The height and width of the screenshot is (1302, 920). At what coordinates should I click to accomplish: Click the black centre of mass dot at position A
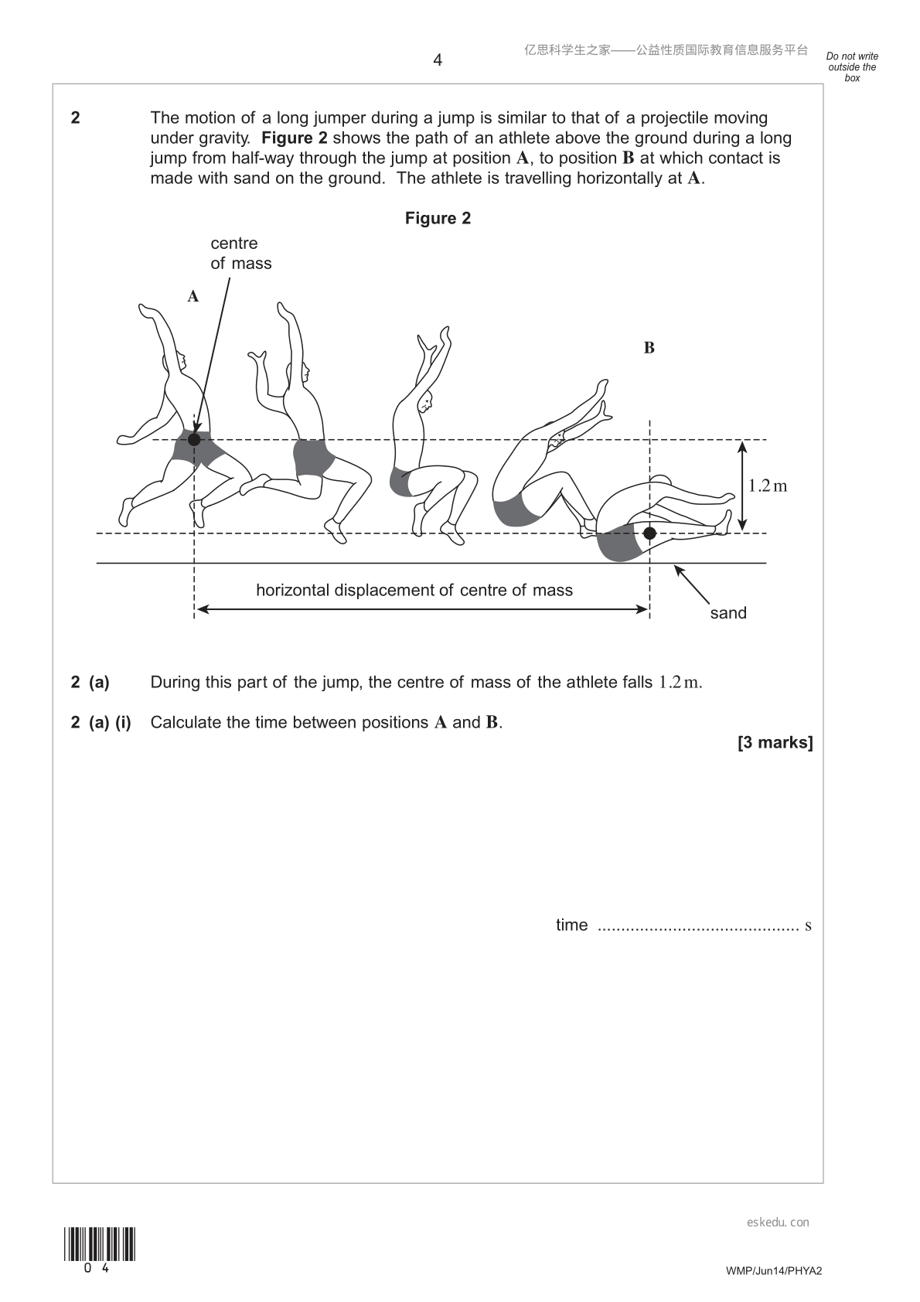click(x=194, y=439)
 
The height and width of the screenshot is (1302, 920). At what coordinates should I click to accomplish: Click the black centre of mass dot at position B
click(x=649, y=533)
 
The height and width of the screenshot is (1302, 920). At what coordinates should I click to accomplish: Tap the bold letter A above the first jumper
click(x=193, y=297)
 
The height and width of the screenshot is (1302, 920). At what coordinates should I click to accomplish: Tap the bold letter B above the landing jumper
click(x=649, y=348)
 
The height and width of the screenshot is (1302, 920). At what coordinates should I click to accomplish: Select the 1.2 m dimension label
click(x=767, y=486)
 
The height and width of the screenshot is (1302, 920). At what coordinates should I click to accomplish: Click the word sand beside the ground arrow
click(x=728, y=612)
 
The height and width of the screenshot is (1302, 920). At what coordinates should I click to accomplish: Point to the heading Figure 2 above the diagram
click(x=438, y=218)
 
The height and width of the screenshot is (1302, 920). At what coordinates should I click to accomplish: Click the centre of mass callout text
click(x=240, y=254)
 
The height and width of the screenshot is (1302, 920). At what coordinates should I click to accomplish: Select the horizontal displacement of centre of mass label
click(x=414, y=590)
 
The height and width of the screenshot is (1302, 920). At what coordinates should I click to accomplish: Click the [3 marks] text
click(x=775, y=743)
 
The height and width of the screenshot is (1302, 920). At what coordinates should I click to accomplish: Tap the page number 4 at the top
click(x=438, y=60)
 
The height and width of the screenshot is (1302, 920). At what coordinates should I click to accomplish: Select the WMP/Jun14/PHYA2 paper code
click(x=774, y=1270)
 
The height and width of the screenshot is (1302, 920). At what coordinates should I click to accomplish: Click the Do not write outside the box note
click(x=852, y=66)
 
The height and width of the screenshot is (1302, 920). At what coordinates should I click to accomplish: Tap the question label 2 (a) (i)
click(x=101, y=722)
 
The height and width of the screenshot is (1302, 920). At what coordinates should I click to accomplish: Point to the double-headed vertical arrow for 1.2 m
click(x=741, y=486)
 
